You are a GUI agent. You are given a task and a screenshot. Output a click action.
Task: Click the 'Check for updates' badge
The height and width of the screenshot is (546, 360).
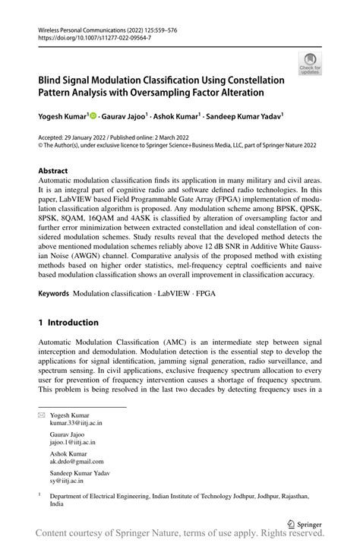[x=310, y=64]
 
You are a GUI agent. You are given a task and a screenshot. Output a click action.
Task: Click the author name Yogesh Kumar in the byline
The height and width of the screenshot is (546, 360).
[x=63, y=117]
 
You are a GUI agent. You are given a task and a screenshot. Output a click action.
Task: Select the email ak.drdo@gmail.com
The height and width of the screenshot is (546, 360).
[x=74, y=461]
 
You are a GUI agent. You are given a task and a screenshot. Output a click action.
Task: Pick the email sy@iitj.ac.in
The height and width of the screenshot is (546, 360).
[x=67, y=480]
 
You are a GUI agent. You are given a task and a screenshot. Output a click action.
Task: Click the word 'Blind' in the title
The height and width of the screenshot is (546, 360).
[x=52, y=80]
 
